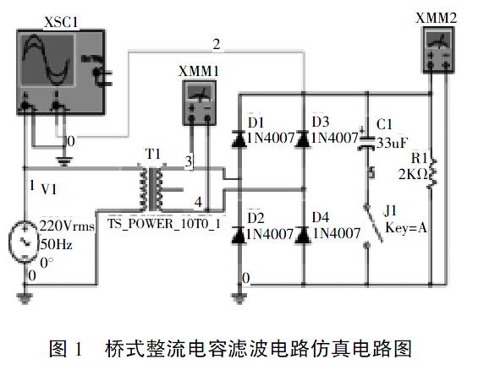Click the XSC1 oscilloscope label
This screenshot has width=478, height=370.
click(x=61, y=22)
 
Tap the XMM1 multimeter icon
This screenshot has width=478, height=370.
click(x=200, y=102)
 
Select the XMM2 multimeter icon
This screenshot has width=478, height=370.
click(x=438, y=50)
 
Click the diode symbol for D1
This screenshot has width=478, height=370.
click(x=239, y=139)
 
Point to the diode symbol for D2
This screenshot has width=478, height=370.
click(x=239, y=235)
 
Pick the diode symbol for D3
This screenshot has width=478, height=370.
click(x=303, y=139)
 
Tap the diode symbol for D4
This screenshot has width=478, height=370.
click(x=303, y=235)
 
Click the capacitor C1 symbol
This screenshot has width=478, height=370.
click(x=366, y=143)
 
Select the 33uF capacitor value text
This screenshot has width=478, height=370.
click(x=392, y=143)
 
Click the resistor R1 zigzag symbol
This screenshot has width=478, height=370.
click(x=432, y=173)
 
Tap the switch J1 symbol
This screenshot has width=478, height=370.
click(x=372, y=225)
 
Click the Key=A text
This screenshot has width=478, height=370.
click(x=406, y=227)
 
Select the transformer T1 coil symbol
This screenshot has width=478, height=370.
click(x=151, y=188)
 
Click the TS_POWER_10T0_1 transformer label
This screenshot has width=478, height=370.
click(x=164, y=224)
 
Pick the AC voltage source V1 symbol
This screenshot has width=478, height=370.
click(x=25, y=241)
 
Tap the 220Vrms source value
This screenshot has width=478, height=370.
click(x=67, y=226)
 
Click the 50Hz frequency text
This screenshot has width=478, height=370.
click(x=57, y=244)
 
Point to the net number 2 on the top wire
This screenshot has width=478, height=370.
click(x=217, y=45)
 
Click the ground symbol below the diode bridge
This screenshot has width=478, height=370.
click(x=239, y=297)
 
